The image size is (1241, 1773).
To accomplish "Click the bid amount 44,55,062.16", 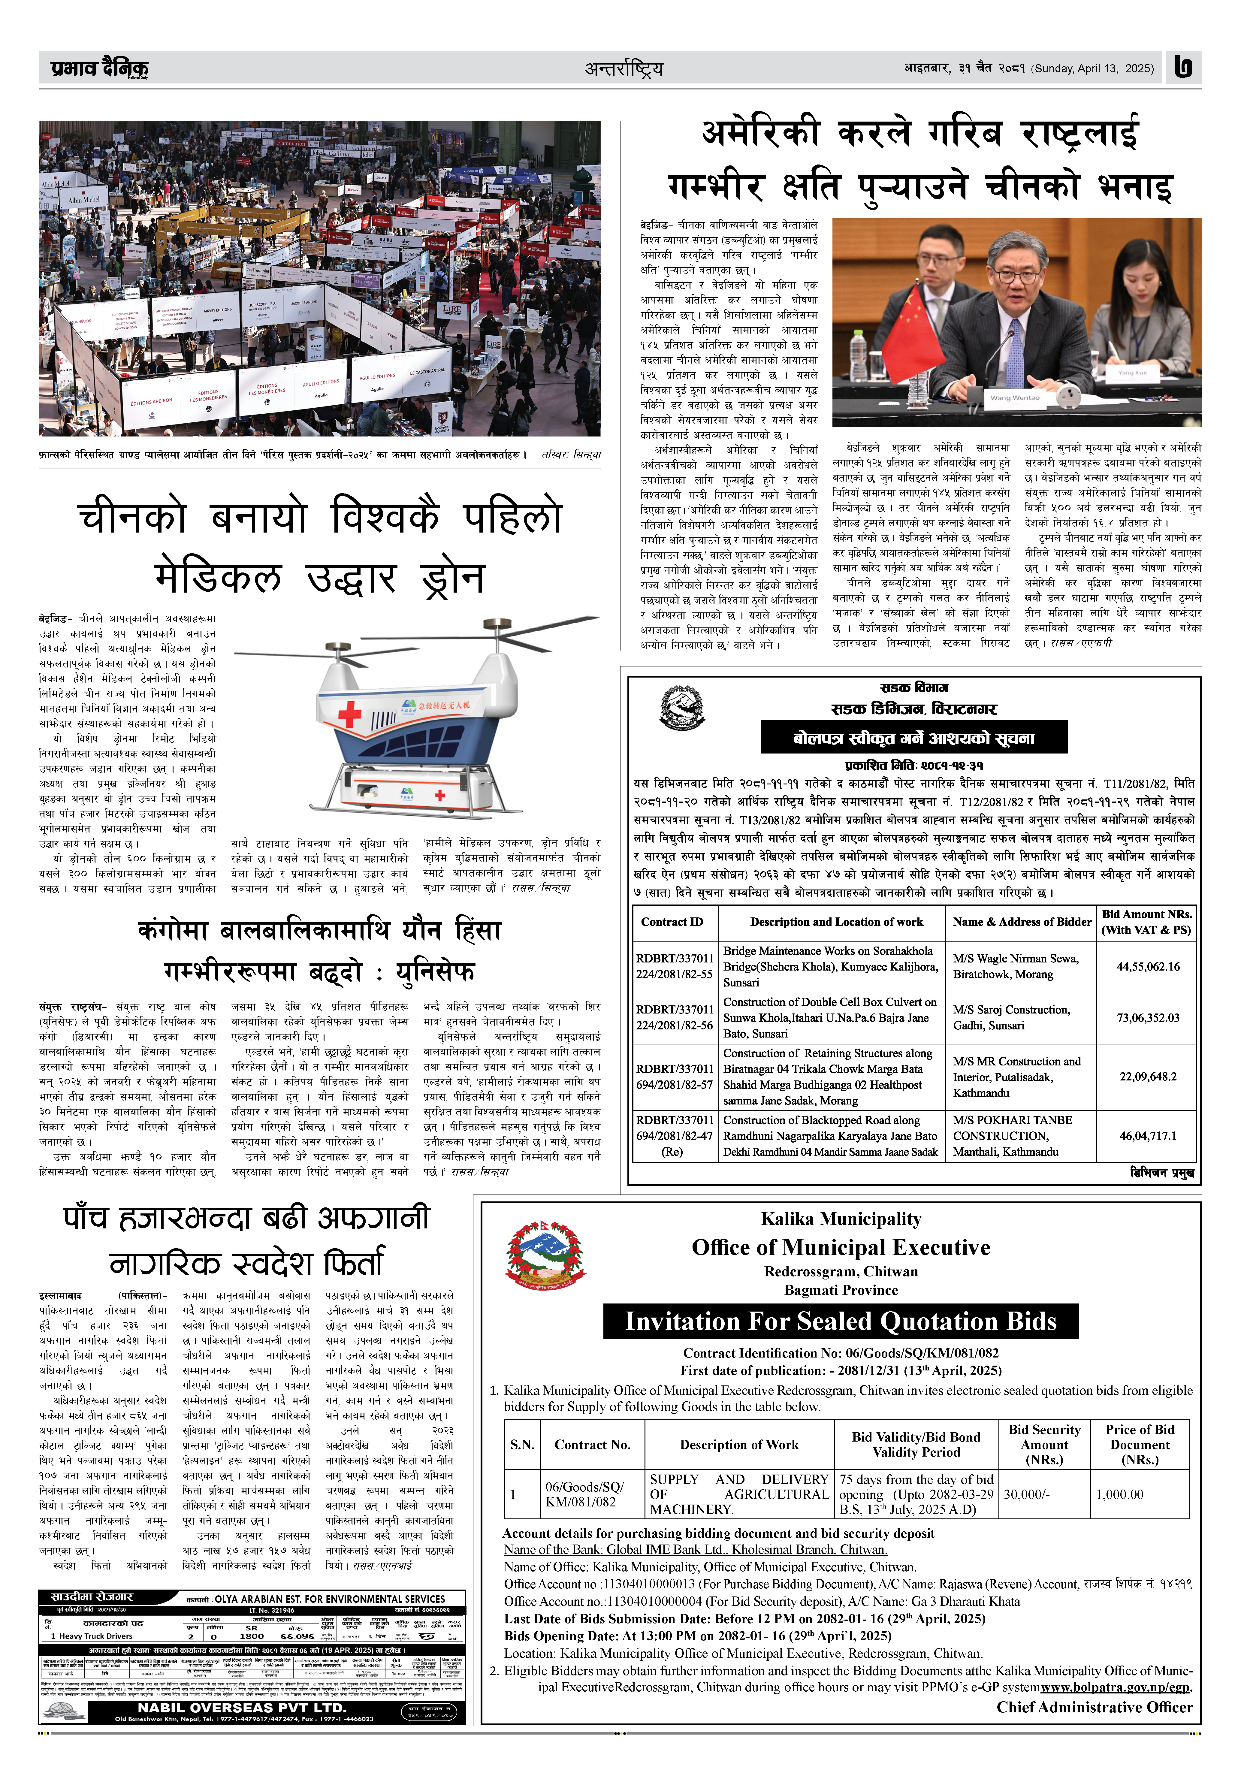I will click(1148, 966).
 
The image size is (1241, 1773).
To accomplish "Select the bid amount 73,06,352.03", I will click(1148, 1018).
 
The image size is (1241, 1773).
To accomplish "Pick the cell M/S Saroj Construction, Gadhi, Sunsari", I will click(1012, 1018).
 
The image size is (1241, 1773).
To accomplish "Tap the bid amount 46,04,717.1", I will click(1148, 1136).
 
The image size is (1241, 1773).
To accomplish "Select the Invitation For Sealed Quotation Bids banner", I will click(840, 1321).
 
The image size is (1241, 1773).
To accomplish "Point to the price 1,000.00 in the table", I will click(1120, 1494).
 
